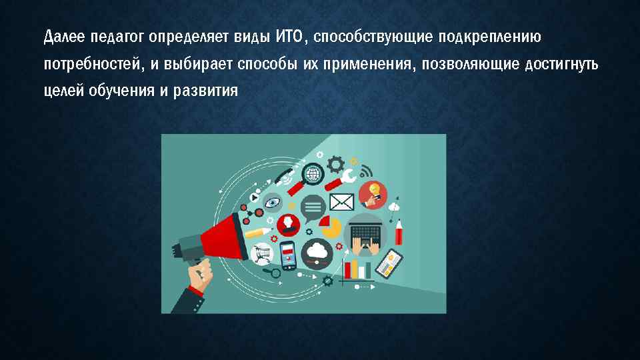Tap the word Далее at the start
61,35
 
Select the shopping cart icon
262,252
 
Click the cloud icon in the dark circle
317,251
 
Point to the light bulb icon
374,192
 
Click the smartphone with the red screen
288,255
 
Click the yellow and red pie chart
329,225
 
